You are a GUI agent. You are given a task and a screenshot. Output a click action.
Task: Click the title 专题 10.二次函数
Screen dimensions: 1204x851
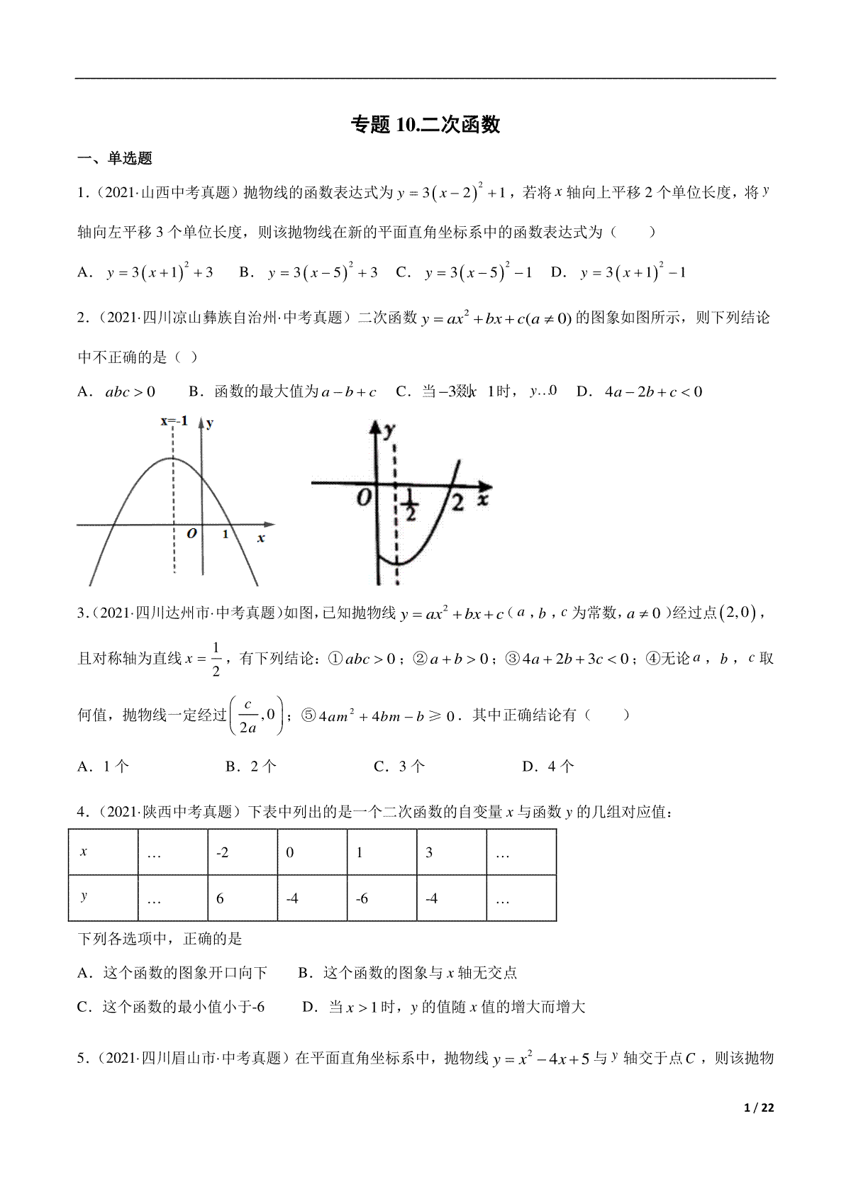pos(425,125)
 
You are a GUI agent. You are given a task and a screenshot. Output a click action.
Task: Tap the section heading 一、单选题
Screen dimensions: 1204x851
pos(115,159)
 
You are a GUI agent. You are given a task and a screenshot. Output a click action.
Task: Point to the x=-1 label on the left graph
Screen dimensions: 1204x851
pos(174,421)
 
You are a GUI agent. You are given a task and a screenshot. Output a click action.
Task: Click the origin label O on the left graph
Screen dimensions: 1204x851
pos(191,534)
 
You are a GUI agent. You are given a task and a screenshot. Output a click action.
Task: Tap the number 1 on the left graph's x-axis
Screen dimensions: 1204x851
pos(226,534)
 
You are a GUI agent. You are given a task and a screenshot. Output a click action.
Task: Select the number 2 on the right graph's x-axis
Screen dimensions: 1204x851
pos(457,504)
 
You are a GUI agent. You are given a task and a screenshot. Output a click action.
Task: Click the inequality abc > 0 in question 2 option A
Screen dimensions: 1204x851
pos(130,391)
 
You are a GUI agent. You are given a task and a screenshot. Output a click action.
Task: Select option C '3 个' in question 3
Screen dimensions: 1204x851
pos(400,766)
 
